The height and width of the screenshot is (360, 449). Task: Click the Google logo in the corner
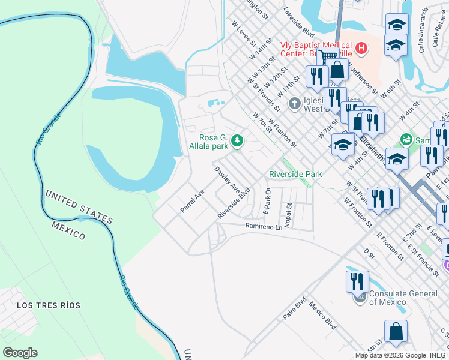20,353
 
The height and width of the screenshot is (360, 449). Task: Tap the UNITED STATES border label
79,206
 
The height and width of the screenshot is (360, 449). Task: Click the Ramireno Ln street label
263,226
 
